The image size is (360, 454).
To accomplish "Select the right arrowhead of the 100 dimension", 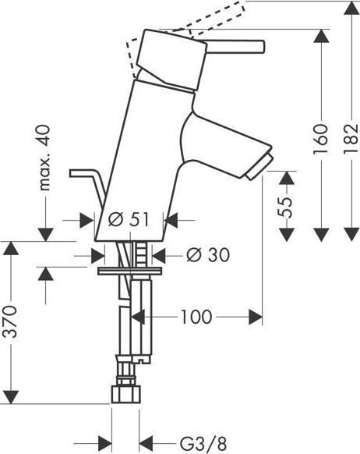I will point(254,317).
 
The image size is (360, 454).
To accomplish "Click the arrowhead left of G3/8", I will point(104,440).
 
